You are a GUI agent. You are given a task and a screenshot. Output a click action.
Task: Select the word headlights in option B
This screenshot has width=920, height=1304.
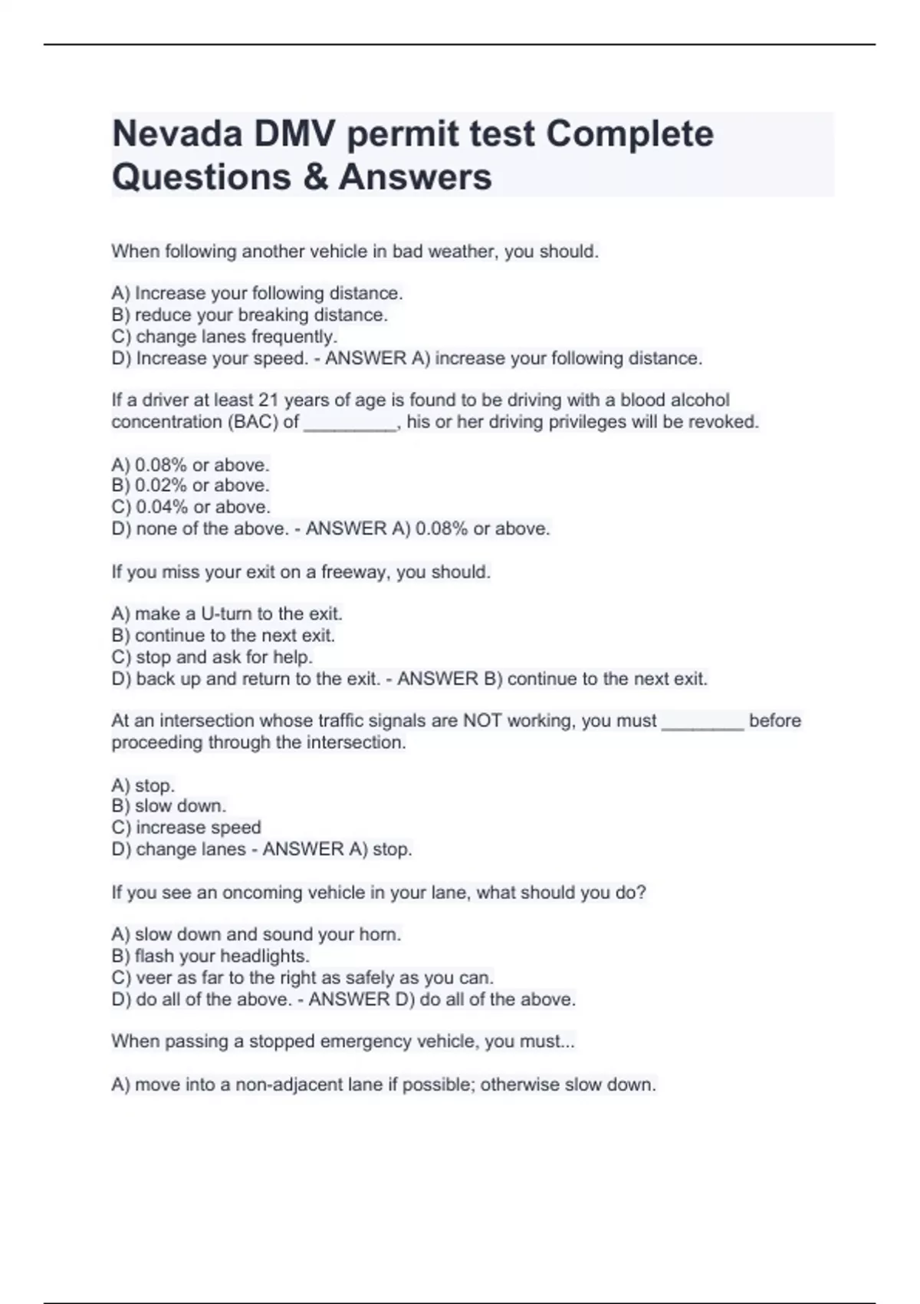[265, 957]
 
